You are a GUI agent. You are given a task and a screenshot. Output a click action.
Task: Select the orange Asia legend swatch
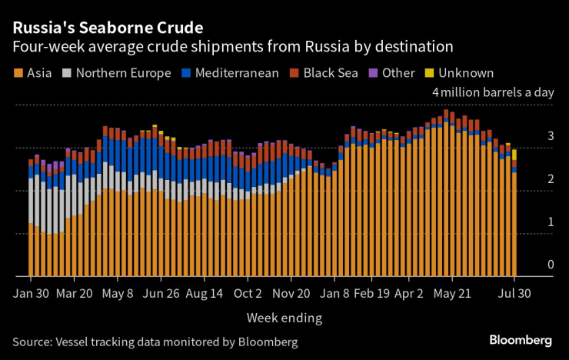point(18,73)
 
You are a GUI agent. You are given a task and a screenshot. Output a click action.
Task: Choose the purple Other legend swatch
point(375,73)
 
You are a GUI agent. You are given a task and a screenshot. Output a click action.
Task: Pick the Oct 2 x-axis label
point(248,293)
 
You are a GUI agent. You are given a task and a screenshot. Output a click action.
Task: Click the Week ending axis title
point(284,317)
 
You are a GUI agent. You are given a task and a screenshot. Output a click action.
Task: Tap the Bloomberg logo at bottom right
point(521,340)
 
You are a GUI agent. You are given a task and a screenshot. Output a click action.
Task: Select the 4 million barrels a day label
point(493,92)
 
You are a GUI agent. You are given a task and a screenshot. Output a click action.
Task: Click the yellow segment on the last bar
point(514,155)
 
